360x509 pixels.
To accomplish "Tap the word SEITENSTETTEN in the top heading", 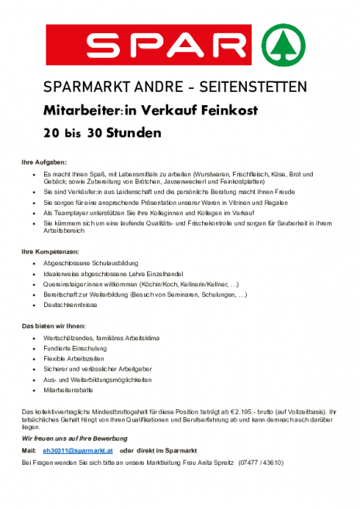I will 258,86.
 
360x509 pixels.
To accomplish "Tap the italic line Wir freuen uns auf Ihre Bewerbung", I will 74,439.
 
